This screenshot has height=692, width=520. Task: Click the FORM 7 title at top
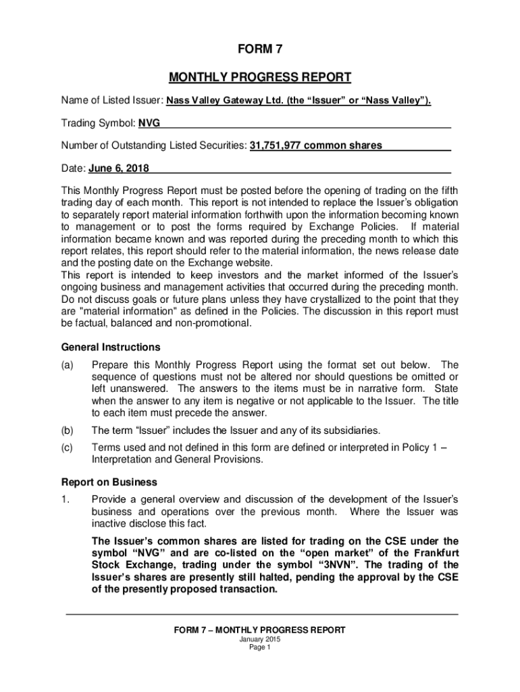click(x=259, y=49)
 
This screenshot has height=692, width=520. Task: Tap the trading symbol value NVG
click(x=149, y=123)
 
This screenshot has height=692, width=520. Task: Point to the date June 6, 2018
click(x=119, y=168)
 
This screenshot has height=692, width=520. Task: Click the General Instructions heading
click(x=111, y=347)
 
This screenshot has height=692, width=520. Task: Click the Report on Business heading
click(x=109, y=483)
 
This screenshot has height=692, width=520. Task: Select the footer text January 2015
click(x=259, y=639)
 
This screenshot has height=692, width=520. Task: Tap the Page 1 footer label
click(x=259, y=647)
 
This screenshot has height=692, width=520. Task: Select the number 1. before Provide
click(x=66, y=499)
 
